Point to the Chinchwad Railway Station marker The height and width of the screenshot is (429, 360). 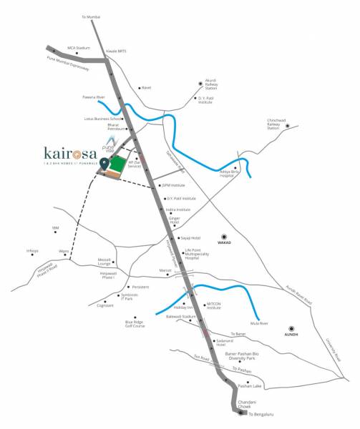pyautogui.click(x=287, y=127)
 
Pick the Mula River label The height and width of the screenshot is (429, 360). pyautogui.click(x=260, y=324)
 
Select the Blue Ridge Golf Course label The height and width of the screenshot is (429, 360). pyautogui.click(x=130, y=325)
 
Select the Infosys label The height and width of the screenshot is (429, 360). pyautogui.click(x=32, y=250)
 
